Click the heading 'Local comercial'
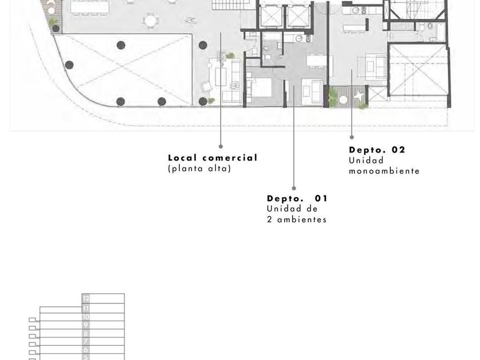click(213, 158)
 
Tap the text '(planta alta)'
click(199, 169)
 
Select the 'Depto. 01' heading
click(297, 199)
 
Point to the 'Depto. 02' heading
click(377, 150)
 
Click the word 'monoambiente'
click(384, 171)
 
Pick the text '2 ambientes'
click(297, 219)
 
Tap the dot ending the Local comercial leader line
click(221, 147)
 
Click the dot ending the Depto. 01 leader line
click(294, 188)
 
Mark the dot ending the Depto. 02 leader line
click(352, 138)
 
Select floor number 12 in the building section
click(86, 298)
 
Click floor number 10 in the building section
click(86, 317)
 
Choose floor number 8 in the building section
click(86, 333)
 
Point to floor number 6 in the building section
click(86, 350)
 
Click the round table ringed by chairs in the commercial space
click(151, 21)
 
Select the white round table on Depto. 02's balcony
click(343, 100)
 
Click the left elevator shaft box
click(271, 16)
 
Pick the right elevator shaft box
click(298, 16)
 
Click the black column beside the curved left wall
click(70, 65)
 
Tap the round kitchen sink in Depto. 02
click(355, 11)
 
